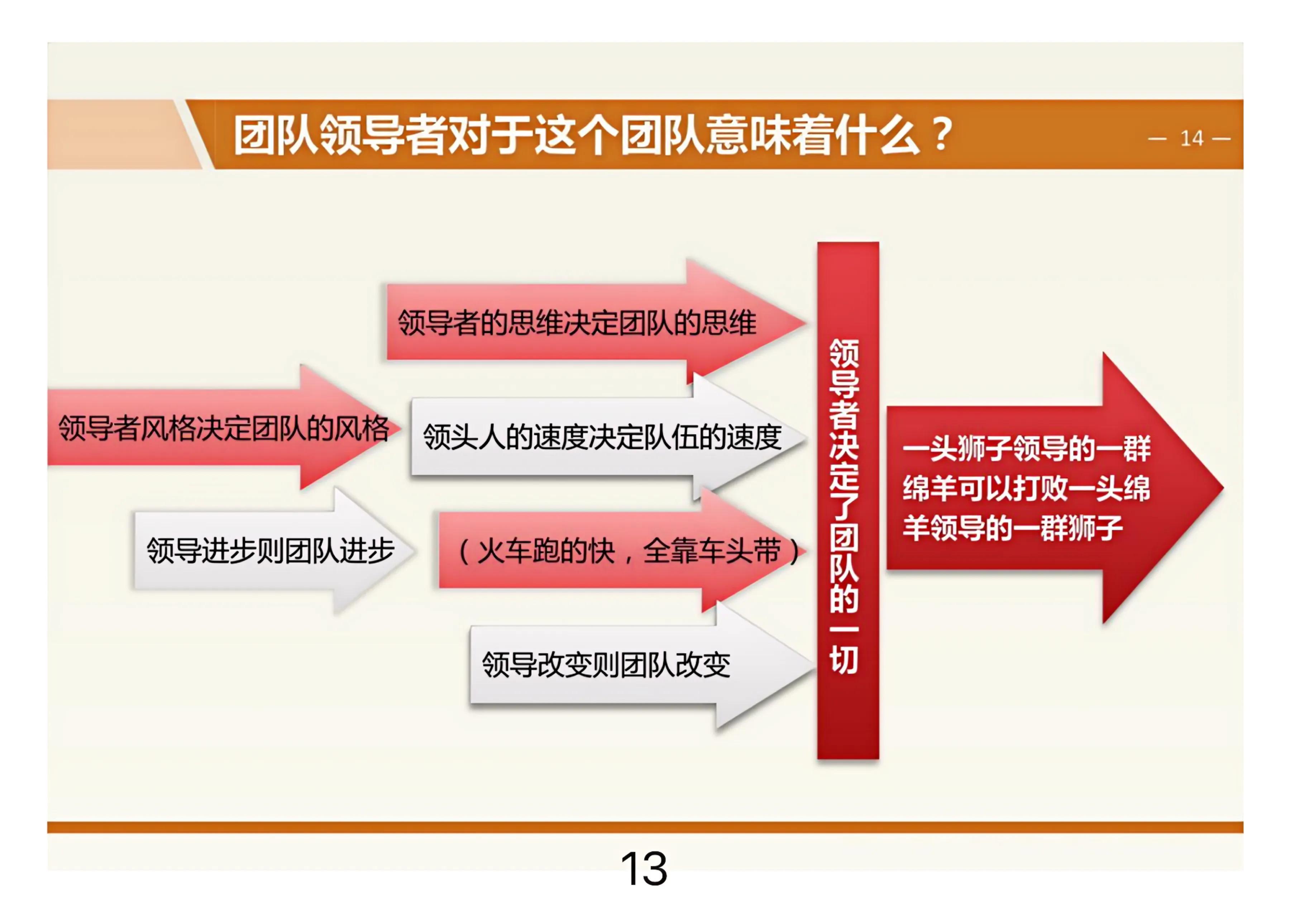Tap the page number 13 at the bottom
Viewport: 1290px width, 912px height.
(x=644, y=869)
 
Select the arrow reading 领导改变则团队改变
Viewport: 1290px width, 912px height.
(x=642, y=665)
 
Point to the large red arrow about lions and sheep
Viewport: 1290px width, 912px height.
(x=1055, y=488)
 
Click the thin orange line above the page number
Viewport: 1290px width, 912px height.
(x=645, y=827)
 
